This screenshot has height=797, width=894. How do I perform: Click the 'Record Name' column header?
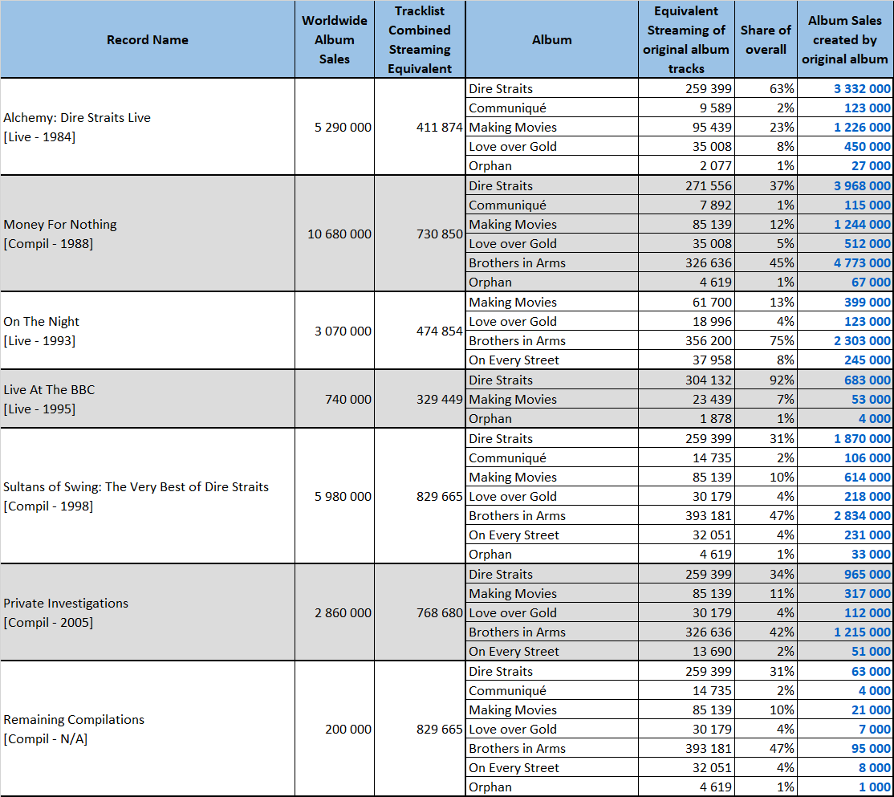pyautogui.click(x=147, y=40)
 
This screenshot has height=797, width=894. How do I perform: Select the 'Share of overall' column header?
pyautogui.click(x=766, y=40)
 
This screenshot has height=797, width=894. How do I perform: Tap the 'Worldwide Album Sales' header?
pyautogui.click(x=334, y=40)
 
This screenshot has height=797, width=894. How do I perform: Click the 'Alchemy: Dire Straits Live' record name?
pyautogui.click(x=77, y=117)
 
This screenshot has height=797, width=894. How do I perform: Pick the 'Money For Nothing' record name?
pyautogui.click(x=60, y=225)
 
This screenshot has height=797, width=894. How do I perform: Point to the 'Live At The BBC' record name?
pyautogui.click(x=49, y=390)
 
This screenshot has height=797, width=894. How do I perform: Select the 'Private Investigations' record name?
pyautogui.click(x=66, y=603)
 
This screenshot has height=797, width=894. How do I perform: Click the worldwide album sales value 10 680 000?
pyautogui.click(x=339, y=234)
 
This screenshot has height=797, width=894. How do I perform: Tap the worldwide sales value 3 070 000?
pyautogui.click(x=343, y=331)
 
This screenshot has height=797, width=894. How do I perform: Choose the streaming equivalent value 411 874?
pyautogui.click(x=439, y=127)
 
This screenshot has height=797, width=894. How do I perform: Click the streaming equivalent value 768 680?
pyautogui.click(x=439, y=613)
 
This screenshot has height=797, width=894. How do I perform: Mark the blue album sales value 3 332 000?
pyautogui.click(x=862, y=89)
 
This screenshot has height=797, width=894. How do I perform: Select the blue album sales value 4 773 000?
pyautogui.click(x=862, y=262)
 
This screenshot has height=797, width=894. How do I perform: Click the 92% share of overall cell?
pyautogui.click(x=781, y=380)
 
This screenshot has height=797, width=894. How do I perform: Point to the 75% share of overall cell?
pyautogui.click(x=781, y=341)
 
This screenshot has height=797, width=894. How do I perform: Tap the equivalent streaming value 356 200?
pyautogui.click(x=708, y=341)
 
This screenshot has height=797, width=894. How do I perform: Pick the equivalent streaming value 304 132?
pyautogui.click(x=708, y=380)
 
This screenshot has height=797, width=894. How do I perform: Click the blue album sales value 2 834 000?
pyautogui.click(x=862, y=516)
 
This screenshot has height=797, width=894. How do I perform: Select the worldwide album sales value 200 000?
pyautogui.click(x=347, y=729)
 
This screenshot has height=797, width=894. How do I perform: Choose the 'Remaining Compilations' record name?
pyautogui.click(x=74, y=719)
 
